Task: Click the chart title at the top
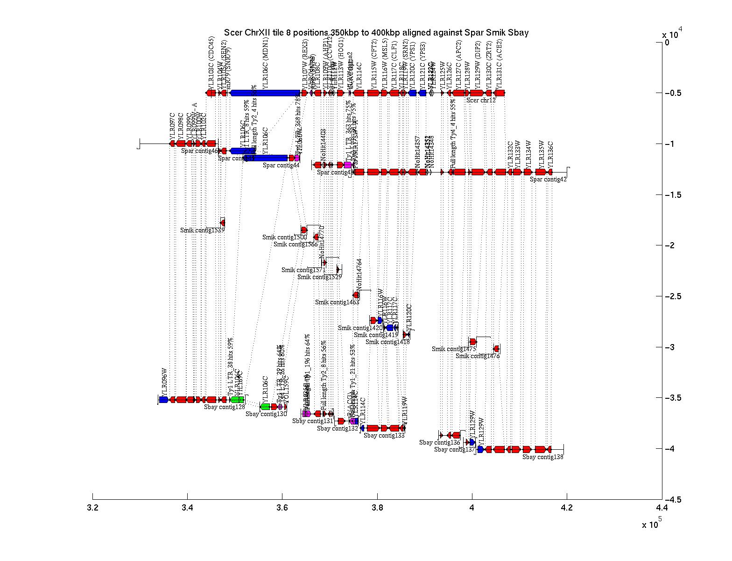(376, 32)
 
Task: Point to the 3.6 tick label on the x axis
(282, 508)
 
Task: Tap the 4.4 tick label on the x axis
(661, 508)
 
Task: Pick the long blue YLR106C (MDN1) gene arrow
(265, 93)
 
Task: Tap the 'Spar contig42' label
(548, 179)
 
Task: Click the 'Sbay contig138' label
(543, 457)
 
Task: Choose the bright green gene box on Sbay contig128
(237, 400)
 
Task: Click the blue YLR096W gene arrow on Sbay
(163, 400)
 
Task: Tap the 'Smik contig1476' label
(478, 356)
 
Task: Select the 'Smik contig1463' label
(337, 302)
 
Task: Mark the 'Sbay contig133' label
(384, 436)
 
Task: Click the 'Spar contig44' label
(281, 165)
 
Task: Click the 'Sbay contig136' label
(440, 443)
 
